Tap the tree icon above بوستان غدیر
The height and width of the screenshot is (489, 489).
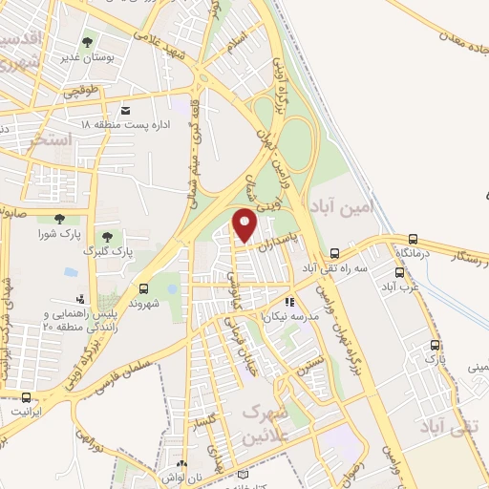point(88,43)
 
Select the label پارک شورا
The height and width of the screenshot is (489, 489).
point(55,234)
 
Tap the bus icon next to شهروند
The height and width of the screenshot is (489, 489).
point(143,287)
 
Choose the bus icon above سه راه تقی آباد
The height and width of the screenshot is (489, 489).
point(334,254)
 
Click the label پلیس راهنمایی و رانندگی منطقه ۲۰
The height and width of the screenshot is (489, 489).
point(84,318)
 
